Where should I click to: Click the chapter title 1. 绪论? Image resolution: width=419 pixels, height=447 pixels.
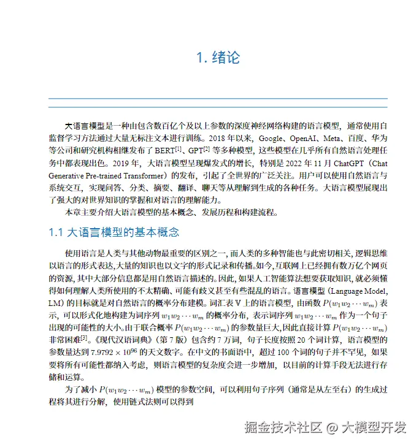(x=218, y=58)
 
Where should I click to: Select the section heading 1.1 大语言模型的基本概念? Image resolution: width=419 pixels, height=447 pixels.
(x=113, y=233)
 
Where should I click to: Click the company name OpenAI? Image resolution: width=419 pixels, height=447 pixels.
(x=304, y=138)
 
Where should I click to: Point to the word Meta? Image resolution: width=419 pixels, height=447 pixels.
(x=336, y=138)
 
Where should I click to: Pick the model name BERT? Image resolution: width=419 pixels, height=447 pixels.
(x=163, y=151)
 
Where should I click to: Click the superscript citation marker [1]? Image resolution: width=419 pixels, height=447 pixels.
(x=179, y=148)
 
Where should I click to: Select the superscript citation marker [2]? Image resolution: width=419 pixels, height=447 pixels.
(x=207, y=148)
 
